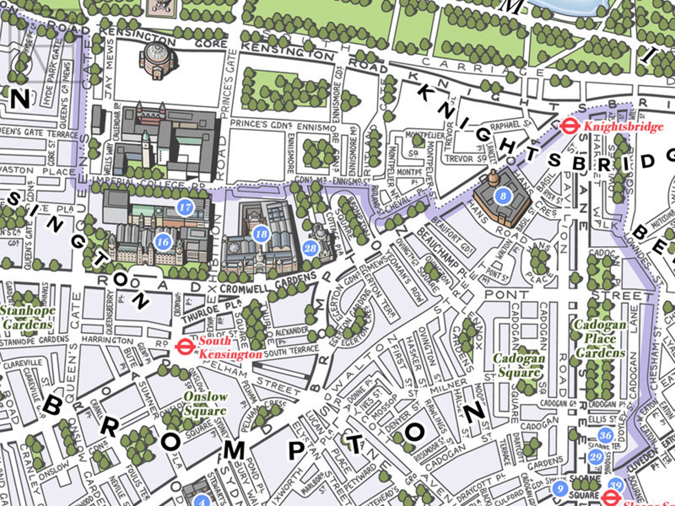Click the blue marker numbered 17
click(x=185, y=207)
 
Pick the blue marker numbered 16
click(x=163, y=242)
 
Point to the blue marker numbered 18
click(x=261, y=234)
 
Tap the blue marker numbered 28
click(x=311, y=248)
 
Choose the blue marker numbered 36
click(x=606, y=435)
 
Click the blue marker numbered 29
click(x=596, y=457)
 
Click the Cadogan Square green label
click(x=519, y=365)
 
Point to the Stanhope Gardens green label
click(x=28, y=317)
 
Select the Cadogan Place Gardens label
click(x=600, y=339)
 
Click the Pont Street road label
click(x=507, y=294)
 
